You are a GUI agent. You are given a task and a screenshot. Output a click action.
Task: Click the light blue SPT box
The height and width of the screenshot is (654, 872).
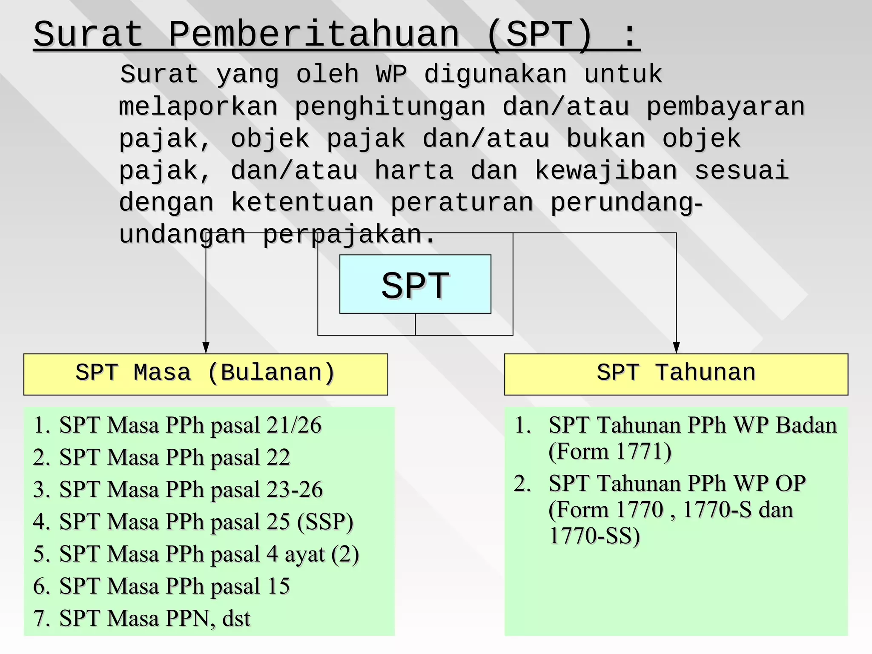(415, 284)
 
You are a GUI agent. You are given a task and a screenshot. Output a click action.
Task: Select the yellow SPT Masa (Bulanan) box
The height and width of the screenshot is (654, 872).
(206, 374)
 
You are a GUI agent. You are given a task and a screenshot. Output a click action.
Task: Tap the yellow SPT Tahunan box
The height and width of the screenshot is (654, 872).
(676, 374)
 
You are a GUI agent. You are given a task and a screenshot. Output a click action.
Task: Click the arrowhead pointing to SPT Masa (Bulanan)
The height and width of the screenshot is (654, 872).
(206, 347)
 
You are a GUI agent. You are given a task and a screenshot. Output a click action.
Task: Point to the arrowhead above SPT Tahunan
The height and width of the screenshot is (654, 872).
(676, 347)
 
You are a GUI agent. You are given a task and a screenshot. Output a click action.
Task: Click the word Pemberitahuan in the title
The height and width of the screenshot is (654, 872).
(314, 34)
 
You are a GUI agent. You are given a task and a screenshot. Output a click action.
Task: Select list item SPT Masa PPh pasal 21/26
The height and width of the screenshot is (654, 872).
(190, 425)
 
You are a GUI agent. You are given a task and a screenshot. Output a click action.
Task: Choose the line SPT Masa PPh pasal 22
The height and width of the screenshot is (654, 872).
(175, 457)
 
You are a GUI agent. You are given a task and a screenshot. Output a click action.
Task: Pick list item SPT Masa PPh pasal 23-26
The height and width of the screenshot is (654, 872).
(191, 489)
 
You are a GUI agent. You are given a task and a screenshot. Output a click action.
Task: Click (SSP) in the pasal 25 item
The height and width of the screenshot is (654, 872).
(325, 522)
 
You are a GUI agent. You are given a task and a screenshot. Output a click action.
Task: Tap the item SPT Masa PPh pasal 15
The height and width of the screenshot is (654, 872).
(175, 586)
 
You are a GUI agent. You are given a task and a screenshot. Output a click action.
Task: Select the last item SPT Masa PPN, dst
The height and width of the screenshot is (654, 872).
(155, 618)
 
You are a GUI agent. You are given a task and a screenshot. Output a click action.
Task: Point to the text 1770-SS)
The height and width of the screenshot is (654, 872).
(594, 536)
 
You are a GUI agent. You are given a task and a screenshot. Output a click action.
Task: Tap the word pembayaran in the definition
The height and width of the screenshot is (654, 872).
(726, 106)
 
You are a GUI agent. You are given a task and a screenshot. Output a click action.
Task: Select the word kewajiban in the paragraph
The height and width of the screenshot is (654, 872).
(606, 170)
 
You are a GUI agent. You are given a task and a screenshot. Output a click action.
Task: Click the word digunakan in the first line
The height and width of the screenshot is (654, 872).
(496, 74)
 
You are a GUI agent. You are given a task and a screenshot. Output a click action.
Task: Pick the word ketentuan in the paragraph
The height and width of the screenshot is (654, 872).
(302, 202)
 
